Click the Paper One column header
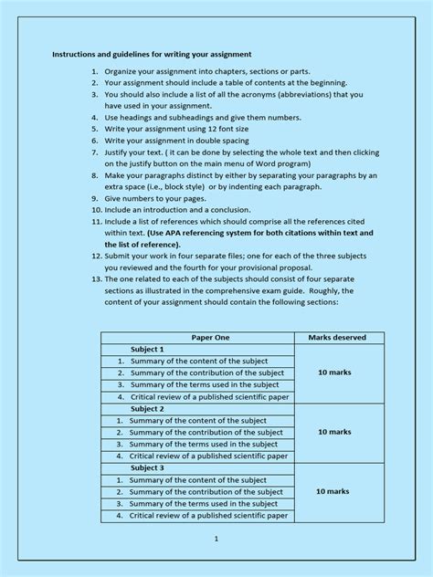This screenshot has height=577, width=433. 197,338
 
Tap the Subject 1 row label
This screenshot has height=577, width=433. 147,350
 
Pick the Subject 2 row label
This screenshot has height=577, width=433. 147,409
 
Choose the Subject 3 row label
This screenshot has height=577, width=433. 147,468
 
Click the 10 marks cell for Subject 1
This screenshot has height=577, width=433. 334,372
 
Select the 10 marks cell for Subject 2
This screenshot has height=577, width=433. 334,432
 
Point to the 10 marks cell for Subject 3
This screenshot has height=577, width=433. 333,491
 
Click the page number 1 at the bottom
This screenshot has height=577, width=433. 216,539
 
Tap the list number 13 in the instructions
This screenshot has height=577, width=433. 95,279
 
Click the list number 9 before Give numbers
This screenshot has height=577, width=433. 96,197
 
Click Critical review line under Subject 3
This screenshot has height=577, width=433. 209,515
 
